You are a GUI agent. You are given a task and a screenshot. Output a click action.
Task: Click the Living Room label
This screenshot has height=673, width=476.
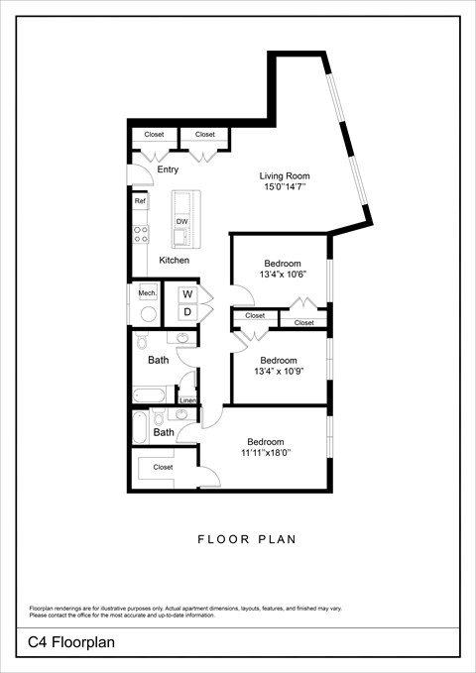tap(285, 175)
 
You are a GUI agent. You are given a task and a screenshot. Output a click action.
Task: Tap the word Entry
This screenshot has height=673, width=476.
tap(168, 169)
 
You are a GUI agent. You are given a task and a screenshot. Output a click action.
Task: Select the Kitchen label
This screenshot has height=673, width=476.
tap(174, 260)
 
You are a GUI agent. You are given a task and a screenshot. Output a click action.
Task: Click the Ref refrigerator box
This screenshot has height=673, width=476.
tap(140, 201)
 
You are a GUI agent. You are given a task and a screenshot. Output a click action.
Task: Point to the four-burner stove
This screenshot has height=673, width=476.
tap(140, 235)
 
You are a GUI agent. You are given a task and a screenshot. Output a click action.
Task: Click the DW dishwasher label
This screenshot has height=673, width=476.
tap(182, 221)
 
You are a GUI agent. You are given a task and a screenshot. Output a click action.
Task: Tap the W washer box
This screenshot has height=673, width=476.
tap(186, 294)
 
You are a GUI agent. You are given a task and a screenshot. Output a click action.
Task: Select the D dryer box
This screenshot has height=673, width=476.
tap(186, 312)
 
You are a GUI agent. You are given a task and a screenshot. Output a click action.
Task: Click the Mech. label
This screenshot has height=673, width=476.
tap(146, 293)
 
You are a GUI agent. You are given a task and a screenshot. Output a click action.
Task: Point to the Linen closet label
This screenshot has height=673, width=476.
tap(187, 400)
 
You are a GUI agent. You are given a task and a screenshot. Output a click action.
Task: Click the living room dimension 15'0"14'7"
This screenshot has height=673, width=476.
tap(285, 186)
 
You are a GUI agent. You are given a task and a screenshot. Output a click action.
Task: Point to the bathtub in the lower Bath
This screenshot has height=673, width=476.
tap(141, 428)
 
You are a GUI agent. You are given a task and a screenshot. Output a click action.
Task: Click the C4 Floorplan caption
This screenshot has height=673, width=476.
tap(71, 642)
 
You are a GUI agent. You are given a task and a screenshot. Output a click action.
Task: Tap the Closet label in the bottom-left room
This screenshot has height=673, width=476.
tap(163, 467)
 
